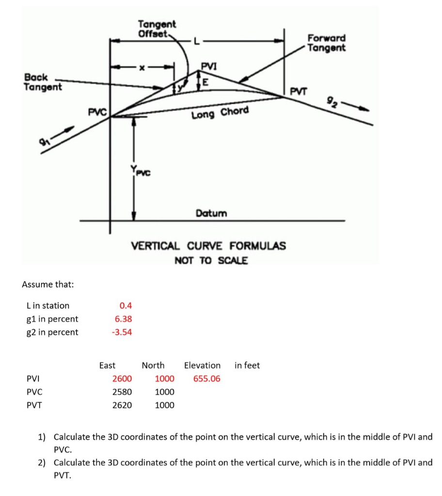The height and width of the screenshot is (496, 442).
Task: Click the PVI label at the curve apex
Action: [209, 66]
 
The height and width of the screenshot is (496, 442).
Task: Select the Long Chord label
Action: [220, 113]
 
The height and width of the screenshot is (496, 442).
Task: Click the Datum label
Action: [211, 213]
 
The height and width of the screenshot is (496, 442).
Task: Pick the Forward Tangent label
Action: [326, 43]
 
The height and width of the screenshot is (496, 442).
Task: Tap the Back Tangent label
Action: [43, 82]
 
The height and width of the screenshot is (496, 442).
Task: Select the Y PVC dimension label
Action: [139, 170]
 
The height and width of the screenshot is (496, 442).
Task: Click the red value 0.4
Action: [126, 306]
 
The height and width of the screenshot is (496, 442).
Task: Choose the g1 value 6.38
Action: [123, 319]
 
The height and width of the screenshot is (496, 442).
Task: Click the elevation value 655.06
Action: [206, 378]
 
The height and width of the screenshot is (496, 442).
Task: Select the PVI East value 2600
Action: [122, 378]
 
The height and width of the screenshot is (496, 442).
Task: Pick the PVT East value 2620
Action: [122, 405]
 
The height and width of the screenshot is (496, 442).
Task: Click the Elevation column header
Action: [202, 365]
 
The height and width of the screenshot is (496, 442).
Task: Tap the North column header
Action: [153, 365]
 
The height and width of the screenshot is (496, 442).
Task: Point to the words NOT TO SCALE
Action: [211, 261]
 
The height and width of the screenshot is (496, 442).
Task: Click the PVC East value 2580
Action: [122, 391]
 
